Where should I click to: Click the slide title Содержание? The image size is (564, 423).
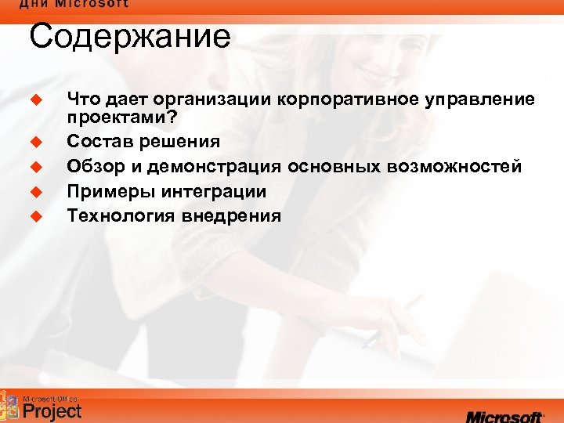[130, 37]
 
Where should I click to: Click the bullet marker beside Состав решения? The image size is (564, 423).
[34, 143]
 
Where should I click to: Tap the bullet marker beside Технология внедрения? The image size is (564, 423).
[34, 215]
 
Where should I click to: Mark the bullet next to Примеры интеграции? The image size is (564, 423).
[34, 191]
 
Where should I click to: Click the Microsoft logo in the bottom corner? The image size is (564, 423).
[504, 415]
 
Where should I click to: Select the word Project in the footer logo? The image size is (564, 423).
[52, 410]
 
